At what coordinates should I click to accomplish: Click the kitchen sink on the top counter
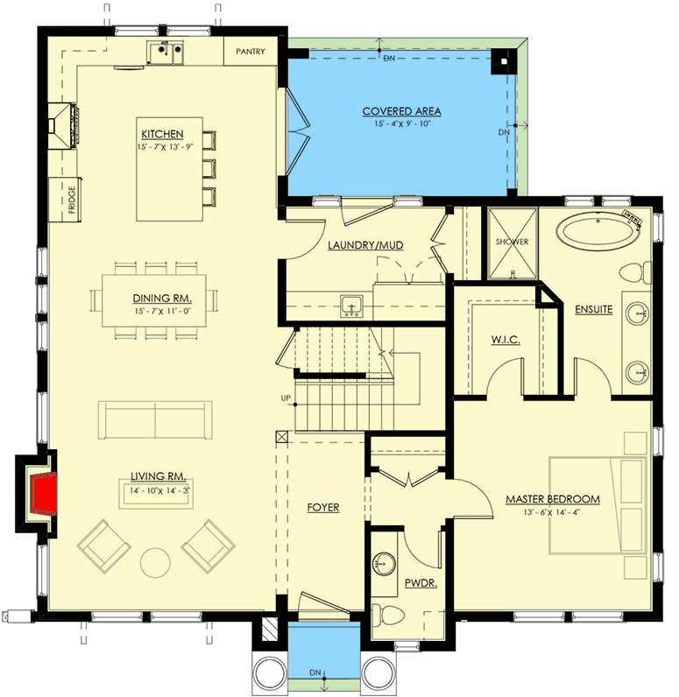[x=166, y=53]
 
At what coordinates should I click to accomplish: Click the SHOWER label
[x=513, y=243]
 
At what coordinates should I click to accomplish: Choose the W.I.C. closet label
[x=506, y=340]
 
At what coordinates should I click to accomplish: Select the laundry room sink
[x=352, y=306]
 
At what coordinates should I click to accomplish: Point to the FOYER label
[x=322, y=507]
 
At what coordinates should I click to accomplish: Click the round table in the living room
[x=156, y=561]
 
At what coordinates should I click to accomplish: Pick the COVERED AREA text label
[x=401, y=111]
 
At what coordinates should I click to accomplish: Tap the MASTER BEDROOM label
[x=553, y=499]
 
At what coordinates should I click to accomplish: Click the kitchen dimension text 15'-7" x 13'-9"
[x=162, y=146]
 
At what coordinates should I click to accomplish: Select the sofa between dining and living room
[x=155, y=420]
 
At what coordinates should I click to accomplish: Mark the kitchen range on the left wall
[x=64, y=123]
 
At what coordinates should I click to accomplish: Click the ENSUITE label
[x=593, y=309]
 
